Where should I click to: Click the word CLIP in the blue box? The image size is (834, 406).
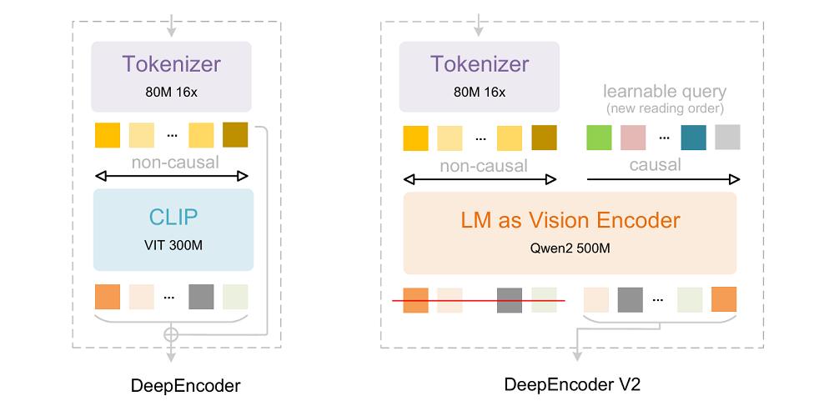click(x=173, y=217)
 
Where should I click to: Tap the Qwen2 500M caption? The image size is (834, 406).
click(x=570, y=248)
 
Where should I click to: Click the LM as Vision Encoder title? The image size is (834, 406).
click(x=570, y=220)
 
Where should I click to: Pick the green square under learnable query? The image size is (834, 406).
click(x=600, y=137)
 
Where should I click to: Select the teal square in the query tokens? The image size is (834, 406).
click(x=693, y=137)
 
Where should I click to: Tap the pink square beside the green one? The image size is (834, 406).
click(x=633, y=137)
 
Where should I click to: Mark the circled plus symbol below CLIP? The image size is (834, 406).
click(x=172, y=333)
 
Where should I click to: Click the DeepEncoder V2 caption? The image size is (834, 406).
click(x=571, y=385)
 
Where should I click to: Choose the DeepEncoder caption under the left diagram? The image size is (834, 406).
click(x=185, y=385)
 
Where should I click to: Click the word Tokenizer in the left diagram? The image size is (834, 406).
click(x=173, y=64)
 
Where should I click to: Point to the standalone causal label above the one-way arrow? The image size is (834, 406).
click(x=656, y=164)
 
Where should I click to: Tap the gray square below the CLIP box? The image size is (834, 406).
click(x=201, y=297)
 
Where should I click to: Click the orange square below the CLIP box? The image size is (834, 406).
click(x=108, y=297)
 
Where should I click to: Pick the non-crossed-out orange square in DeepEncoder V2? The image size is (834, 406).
click(x=723, y=299)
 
